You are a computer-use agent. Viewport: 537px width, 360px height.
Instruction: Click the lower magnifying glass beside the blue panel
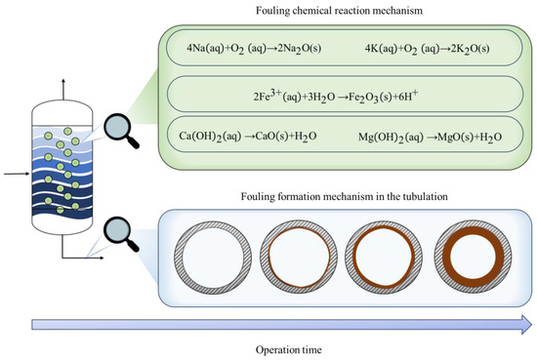point(120,231)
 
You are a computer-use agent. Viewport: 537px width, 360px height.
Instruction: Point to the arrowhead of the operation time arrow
point(527,324)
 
